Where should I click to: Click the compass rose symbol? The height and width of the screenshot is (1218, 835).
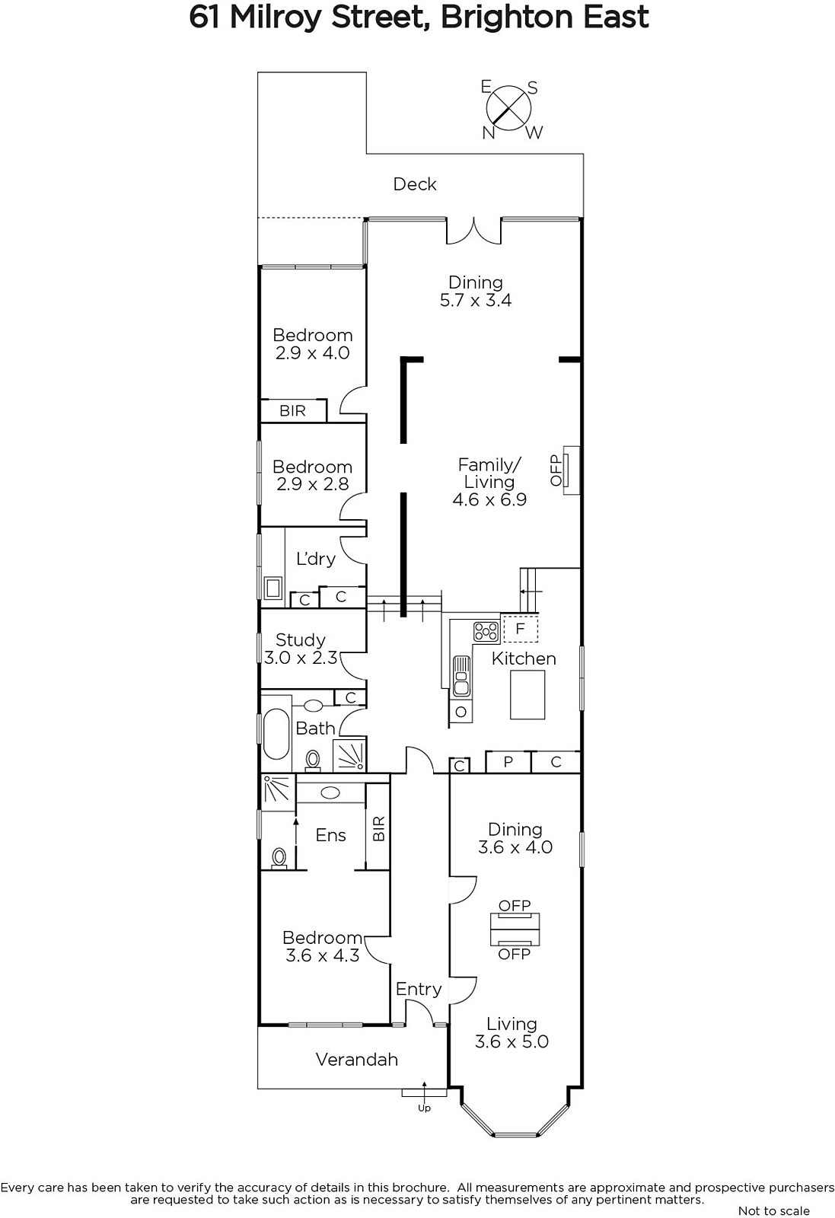[x=508, y=109]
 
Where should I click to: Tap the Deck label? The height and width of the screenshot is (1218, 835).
[x=415, y=184]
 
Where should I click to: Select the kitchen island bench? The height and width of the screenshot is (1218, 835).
[x=527, y=694]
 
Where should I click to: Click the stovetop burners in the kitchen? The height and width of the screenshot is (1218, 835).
[x=486, y=632]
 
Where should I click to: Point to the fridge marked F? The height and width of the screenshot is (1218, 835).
[x=520, y=629]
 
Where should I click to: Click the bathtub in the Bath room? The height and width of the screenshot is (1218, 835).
[x=276, y=733]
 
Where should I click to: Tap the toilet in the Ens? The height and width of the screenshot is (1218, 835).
[x=279, y=859]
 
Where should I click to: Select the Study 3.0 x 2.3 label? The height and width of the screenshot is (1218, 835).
[x=301, y=649]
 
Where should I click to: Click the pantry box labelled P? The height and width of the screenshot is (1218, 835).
[x=508, y=762]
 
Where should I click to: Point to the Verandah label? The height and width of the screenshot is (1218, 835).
[x=357, y=1059]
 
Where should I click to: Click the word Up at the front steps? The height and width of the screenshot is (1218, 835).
[x=424, y=1108]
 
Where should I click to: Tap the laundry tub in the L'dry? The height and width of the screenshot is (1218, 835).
[x=273, y=588]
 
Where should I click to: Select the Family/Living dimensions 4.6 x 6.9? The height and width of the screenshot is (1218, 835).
[x=489, y=499]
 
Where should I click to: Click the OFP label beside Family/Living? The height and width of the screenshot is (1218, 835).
[x=556, y=470]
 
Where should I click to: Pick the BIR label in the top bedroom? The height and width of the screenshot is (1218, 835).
[x=292, y=410]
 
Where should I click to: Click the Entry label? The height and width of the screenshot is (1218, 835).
[x=419, y=989]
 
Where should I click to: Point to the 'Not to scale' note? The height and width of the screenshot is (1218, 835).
[x=773, y=1210]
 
